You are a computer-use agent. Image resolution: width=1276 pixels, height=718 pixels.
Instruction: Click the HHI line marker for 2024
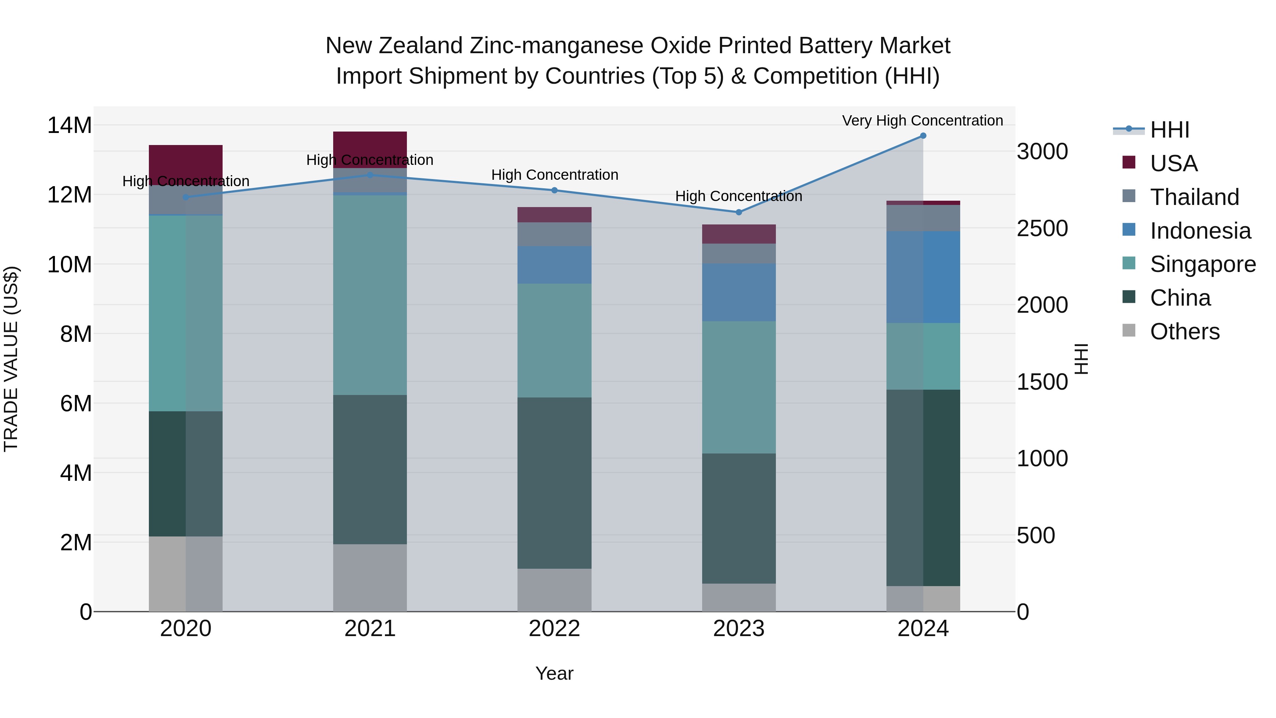pyautogui.click(x=923, y=136)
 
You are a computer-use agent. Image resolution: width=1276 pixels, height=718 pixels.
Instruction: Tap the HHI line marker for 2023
pyautogui.click(x=739, y=212)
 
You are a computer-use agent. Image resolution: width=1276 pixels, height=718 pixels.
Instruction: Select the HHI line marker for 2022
pyautogui.click(x=554, y=190)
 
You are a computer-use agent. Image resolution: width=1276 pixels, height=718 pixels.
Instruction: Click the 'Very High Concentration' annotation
pyautogui.click(x=922, y=121)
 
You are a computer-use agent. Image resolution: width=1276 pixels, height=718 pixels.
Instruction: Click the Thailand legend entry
pyautogui.click(x=1194, y=197)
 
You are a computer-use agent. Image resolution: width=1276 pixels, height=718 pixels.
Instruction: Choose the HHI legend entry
pyautogui.click(x=1169, y=130)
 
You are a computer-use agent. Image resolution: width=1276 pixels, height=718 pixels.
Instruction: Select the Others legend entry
pyautogui.click(x=1184, y=332)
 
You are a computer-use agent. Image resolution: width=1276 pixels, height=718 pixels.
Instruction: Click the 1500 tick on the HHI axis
pyautogui.click(x=1042, y=382)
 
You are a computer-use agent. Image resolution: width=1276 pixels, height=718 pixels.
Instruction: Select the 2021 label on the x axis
pyautogui.click(x=370, y=629)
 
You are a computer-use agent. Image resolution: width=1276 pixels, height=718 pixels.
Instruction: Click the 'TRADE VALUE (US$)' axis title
pyautogui.click(x=11, y=359)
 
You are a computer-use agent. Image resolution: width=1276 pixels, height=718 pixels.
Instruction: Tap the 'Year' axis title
pyautogui.click(x=554, y=673)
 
